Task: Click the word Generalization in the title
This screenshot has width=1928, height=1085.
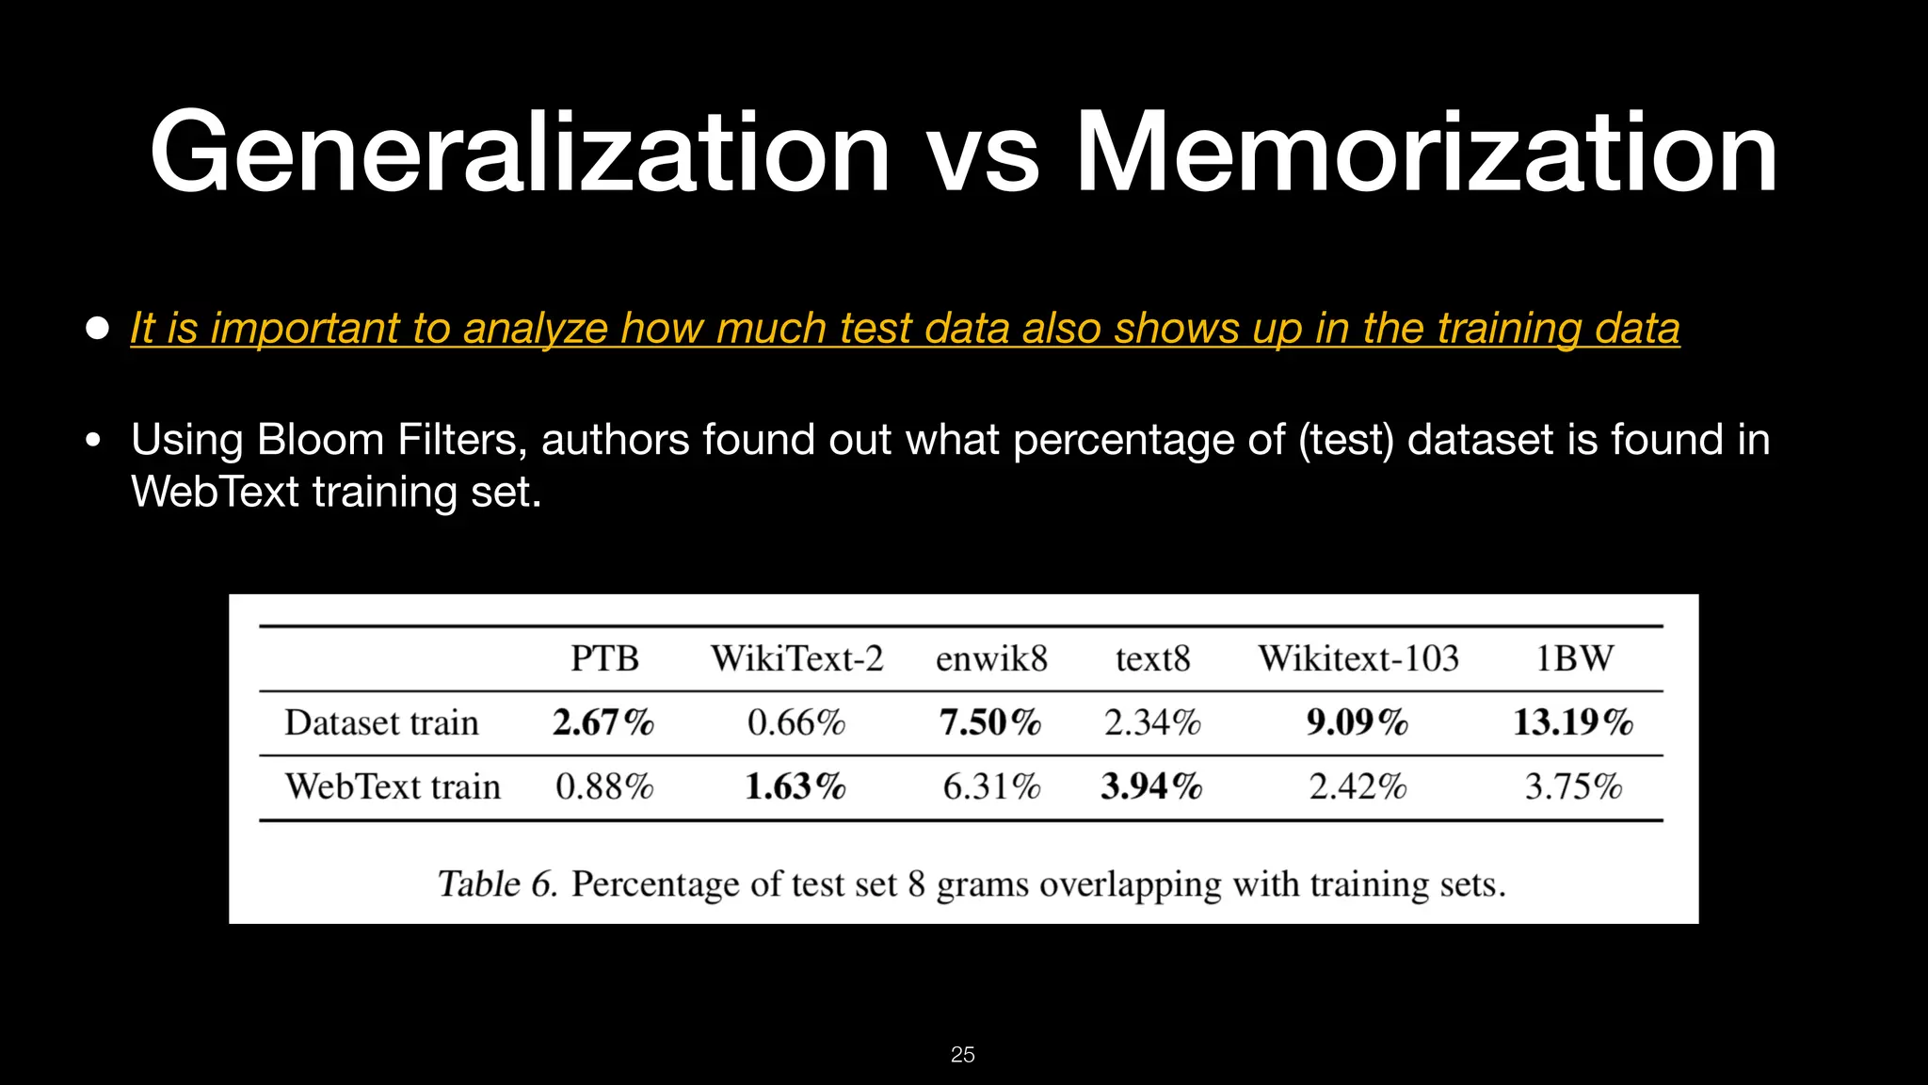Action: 519,153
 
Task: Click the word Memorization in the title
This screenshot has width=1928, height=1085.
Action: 1425,153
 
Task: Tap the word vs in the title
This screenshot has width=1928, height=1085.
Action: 982,155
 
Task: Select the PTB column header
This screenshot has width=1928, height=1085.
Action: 604,658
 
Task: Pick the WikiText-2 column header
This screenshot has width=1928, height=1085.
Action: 796,658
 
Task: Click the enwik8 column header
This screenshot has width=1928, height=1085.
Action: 991,658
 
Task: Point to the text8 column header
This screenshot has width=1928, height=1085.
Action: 1152,658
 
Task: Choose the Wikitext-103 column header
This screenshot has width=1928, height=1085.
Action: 1358,658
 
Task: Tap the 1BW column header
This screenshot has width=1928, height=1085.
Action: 1574,658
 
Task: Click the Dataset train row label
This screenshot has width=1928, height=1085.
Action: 381,722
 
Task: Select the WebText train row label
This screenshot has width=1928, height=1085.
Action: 393,786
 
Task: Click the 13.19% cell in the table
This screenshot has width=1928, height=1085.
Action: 1573,722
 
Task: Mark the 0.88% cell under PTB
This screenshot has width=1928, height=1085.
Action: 604,786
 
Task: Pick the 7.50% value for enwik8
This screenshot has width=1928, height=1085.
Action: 990,722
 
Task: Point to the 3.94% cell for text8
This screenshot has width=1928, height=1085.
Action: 1151,786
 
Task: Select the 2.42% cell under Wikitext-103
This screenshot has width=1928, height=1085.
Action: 1358,786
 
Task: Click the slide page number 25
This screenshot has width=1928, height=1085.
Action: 963,1055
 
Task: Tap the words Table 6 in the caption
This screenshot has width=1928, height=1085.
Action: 497,884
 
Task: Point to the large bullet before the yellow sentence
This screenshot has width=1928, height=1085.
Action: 97,328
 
